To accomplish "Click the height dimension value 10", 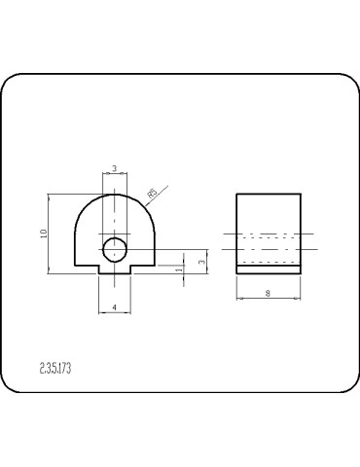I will [44, 233].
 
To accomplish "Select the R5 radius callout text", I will [151, 195].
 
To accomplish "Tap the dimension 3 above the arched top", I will [115, 169].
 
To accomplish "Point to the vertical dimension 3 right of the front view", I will [201, 261].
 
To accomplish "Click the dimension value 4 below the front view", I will [115, 307].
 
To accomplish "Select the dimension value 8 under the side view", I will [269, 294].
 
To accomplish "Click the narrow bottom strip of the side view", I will [269, 270].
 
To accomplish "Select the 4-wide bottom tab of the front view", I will [115, 271].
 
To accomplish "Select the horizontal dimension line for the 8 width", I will [269, 300].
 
